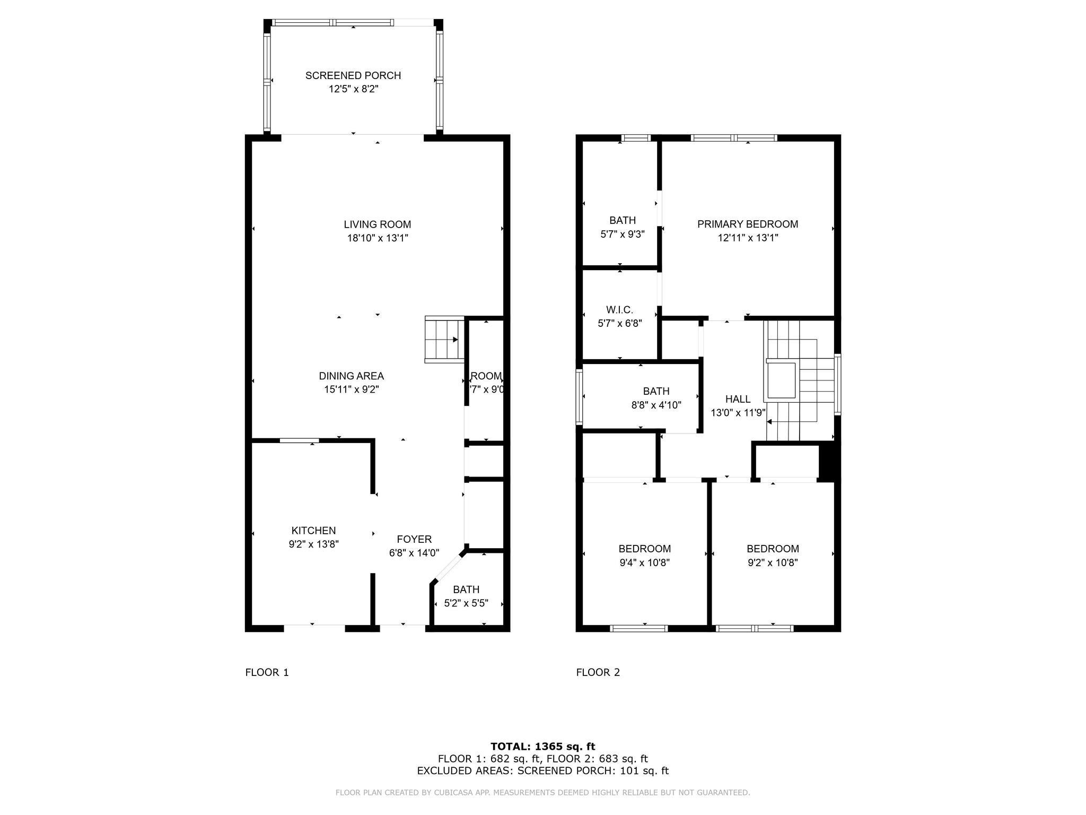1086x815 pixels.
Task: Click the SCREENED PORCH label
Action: (x=353, y=75)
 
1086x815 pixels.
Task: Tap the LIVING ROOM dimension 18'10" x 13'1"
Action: (x=377, y=238)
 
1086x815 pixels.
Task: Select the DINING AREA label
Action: (x=351, y=376)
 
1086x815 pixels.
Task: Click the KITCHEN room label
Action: (x=313, y=530)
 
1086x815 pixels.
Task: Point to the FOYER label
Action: (x=414, y=539)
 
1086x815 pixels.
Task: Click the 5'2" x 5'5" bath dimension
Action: (x=466, y=603)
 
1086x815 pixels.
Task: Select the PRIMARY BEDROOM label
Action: (x=747, y=224)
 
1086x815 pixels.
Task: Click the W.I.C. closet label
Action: (x=619, y=309)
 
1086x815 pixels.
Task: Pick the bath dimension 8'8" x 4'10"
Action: (x=656, y=405)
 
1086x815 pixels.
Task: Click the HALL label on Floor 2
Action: (x=738, y=399)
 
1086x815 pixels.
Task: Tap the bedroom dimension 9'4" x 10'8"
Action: (x=644, y=562)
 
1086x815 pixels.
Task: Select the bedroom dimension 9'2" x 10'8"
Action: (x=773, y=562)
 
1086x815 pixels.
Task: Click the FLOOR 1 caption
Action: (x=267, y=672)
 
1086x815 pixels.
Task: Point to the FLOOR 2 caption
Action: (x=598, y=672)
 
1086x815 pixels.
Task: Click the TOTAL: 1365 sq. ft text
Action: (x=542, y=747)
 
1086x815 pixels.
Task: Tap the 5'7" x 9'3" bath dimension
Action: (x=622, y=234)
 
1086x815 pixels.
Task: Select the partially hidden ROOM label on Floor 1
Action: (x=486, y=376)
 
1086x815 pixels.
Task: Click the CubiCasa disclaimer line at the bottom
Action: (x=542, y=793)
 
